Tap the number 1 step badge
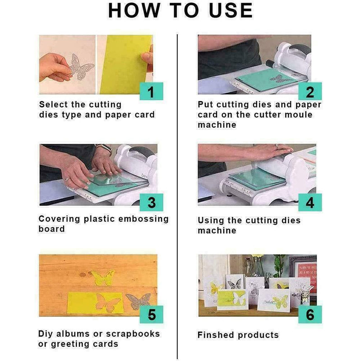(151, 92)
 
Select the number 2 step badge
(310, 92)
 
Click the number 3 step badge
(151, 203)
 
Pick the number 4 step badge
(310, 203)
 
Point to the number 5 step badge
(151, 314)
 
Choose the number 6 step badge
(310, 314)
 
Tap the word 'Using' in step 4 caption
(211, 221)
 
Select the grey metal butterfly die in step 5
(138, 300)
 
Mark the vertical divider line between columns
(177, 194)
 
